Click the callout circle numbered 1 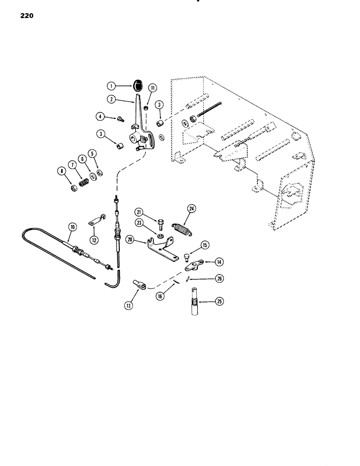point(111,85)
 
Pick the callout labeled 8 point(60,171)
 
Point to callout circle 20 point(130,240)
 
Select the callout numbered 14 point(220,262)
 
